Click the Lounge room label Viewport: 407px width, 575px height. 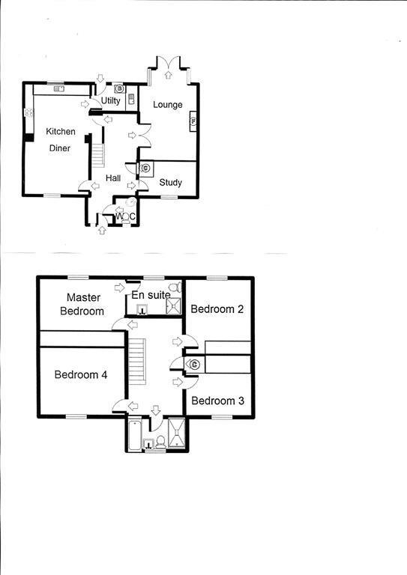pyautogui.click(x=168, y=105)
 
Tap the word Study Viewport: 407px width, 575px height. pyautogui.click(x=170, y=183)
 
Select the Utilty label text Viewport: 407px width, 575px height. pyautogui.click(x=111, y=101)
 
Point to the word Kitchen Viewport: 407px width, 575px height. pyautogui.click(x=61, y=132)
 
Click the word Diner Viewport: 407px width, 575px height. pyautogui.click(x=60, y=148)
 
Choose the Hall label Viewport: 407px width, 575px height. pyautogui.click(x=113, y=178)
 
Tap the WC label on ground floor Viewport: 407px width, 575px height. pyautogui.click(x=125, y=217)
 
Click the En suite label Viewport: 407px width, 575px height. pyautogui.click(x=151, y=296)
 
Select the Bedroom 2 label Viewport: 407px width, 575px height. pyautogui.click(x=217, y=309)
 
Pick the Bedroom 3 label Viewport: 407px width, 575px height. pyautogui.click(x=217, y=401)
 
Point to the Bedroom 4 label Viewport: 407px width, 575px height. pyautogui.click(x=82, y=375)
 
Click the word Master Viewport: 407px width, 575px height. pyautogui.click(x=83, y=298)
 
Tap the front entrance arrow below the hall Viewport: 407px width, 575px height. pyautogui.click(x=101, y=231)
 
